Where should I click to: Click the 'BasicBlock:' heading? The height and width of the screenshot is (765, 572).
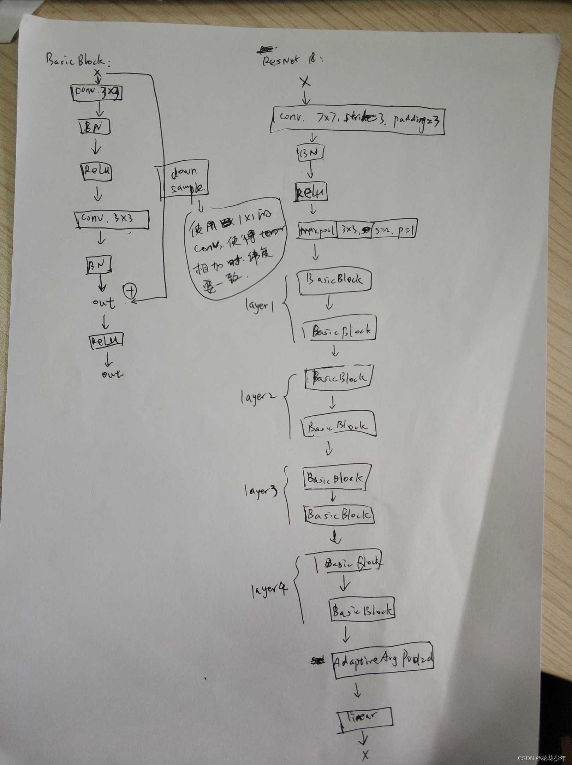[78, 61]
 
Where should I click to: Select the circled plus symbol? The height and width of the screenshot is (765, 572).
[130, 291]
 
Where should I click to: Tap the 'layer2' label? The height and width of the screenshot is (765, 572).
[258, 398]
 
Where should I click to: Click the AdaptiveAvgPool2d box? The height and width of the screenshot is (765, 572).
[383, 659]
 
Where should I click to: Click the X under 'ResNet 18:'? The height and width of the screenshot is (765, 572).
[305, 82]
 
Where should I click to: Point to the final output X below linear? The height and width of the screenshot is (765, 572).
[365, 755]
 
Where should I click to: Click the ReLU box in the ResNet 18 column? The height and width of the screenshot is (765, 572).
[311, 193]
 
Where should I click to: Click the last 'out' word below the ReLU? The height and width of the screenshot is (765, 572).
[112, 374]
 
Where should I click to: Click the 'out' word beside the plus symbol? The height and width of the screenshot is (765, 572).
[103, 302]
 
